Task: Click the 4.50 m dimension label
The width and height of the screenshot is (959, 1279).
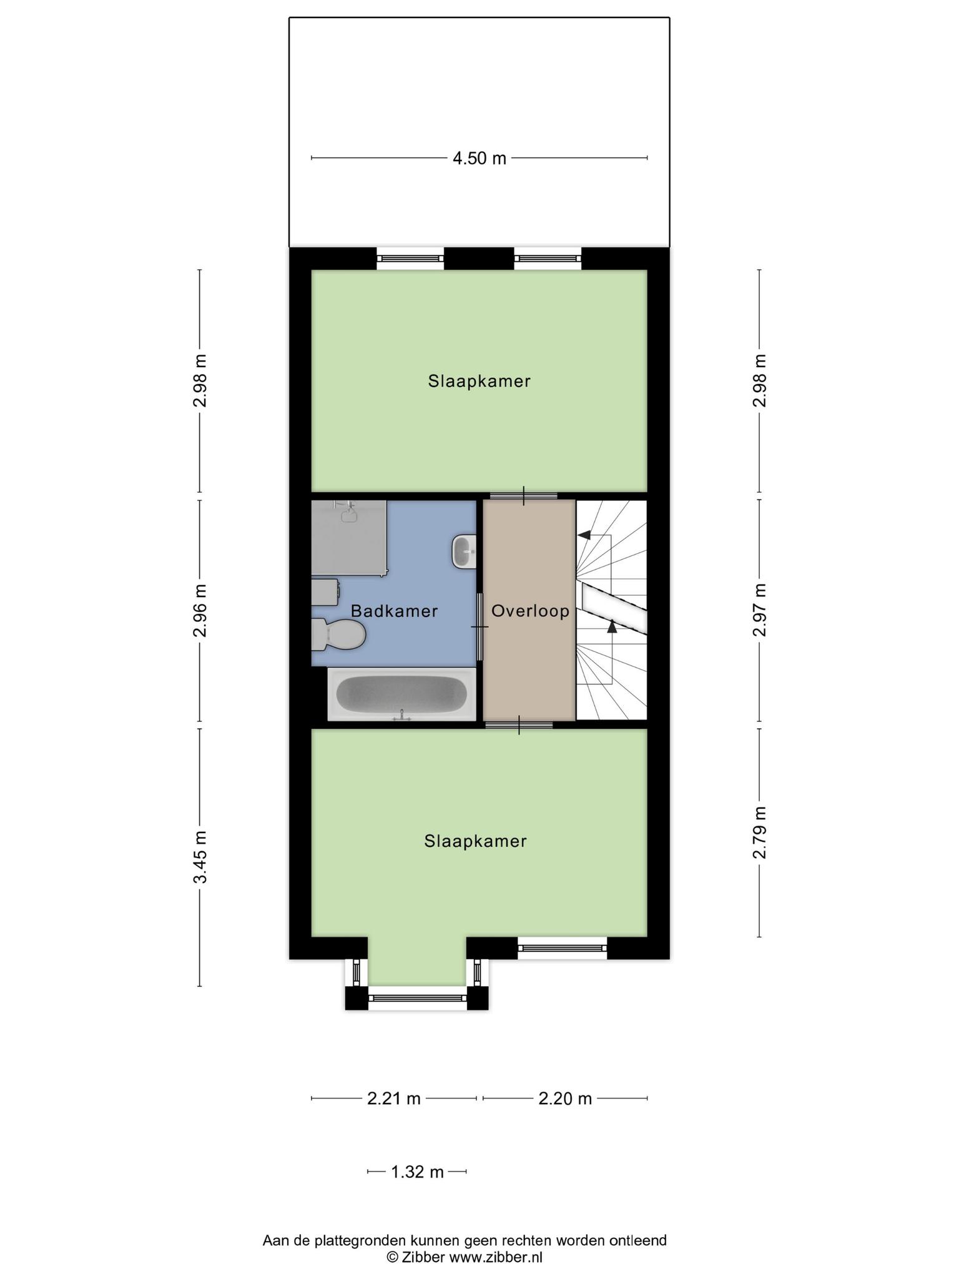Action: tap(479, 159)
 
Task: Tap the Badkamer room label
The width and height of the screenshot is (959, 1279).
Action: tap(394, 611)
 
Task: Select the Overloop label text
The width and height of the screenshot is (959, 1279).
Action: tap(530, 611)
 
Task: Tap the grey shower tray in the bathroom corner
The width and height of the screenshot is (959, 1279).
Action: tap(348, 538)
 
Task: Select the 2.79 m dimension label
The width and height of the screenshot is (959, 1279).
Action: tap(759, 832)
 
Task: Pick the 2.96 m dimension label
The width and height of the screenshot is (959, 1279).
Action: tap(200, 610)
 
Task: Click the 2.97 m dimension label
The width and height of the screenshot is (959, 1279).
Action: tap(759, 610)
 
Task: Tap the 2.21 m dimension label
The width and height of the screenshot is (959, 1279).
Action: tap(394, 1099)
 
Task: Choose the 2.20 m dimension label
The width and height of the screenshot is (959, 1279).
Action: tap(565, 1099)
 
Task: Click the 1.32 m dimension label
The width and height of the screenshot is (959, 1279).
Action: tap(417, 1172)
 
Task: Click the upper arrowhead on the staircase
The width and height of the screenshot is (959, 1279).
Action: tap(584, 535)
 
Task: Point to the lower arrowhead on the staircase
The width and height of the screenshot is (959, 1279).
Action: tap(612, 626)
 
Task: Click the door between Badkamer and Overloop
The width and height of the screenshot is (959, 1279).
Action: tap(480, 626)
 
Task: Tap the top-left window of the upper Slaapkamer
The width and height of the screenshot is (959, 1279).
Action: tap(410, 258)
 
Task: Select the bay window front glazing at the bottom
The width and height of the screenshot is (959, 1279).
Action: tap(417, 998)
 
